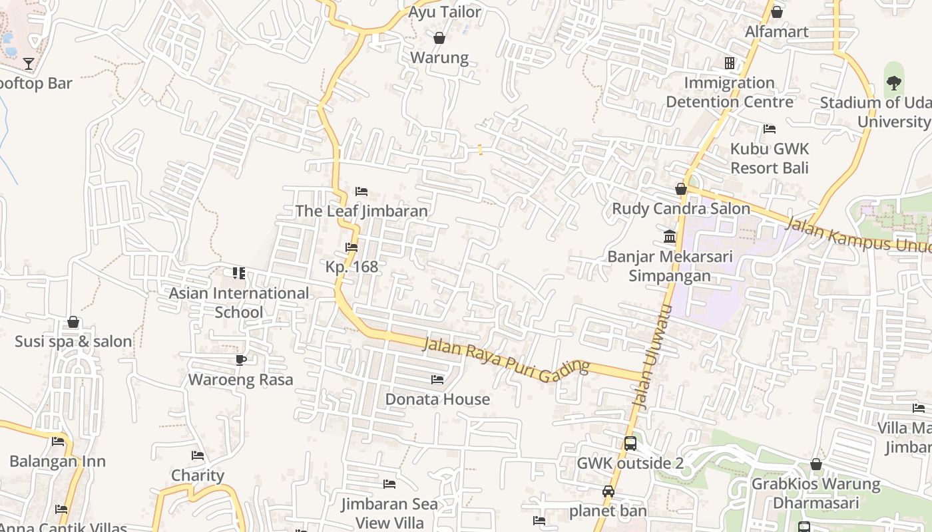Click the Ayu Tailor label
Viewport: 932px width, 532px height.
point(444,12)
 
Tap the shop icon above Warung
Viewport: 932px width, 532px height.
point(439,38)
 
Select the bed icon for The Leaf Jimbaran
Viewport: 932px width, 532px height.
point(361,192)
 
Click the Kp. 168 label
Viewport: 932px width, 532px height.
point(351,267)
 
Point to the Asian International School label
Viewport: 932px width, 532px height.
point(238,303)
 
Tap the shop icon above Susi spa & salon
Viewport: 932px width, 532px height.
point(73,323)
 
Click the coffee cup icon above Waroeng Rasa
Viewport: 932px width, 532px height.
point(240,360)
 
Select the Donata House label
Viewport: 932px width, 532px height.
point(437,399)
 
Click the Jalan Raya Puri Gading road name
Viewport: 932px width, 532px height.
point(506,357)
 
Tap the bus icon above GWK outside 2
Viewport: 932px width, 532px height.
point(630,444)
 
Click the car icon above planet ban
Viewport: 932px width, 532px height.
point(608,491)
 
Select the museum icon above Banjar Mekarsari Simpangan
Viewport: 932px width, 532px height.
point(670,237)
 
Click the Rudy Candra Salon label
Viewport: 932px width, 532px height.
point(680,208)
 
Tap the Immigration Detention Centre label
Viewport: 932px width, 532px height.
point(730,92)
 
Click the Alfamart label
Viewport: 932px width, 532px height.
point(776,31)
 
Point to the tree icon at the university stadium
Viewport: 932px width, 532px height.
point(893,83)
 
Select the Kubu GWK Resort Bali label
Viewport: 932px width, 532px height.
point(769,158)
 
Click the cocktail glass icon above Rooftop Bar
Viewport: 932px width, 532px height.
point(29,64)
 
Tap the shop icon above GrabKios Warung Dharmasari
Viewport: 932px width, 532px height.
point(816,465)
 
